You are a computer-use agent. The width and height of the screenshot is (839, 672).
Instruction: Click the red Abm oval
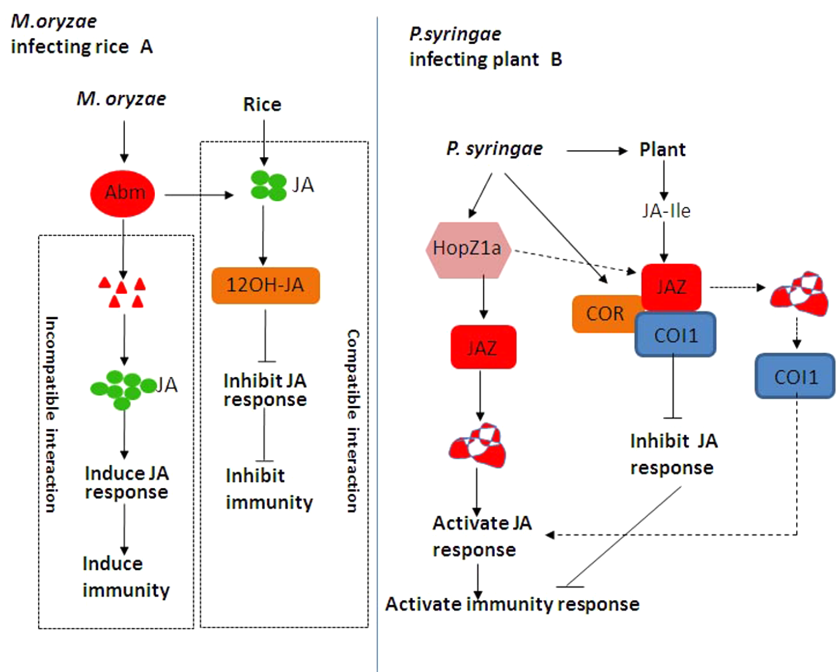coord(122,193)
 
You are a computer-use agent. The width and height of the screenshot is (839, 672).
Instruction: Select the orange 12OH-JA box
coord(265,285)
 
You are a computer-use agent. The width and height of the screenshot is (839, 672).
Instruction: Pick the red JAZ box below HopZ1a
coord(483,347)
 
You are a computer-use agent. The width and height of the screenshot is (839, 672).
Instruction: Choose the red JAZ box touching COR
coord(671,287)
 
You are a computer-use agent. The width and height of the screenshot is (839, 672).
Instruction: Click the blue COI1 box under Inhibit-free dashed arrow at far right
coord(795,376)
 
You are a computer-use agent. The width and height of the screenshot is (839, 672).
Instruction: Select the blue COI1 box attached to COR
coord(676,334)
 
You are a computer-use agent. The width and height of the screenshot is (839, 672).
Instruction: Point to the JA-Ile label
coord(666,211)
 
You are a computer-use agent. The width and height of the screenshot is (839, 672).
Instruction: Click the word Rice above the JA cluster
coord(262,104)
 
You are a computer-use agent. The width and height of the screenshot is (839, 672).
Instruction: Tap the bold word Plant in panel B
coord(662,149)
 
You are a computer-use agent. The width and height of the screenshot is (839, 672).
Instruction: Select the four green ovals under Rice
coord(268,186)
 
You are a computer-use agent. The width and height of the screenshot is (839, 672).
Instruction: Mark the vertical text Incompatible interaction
coord(51,414)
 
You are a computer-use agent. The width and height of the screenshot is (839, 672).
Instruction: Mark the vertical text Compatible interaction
coord(353,420)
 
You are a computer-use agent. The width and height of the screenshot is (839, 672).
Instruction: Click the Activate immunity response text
coord(512,604)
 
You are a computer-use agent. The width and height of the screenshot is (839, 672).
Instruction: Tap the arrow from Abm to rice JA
coord(198,195)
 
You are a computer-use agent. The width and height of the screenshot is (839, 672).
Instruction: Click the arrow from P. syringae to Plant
coord(596,150)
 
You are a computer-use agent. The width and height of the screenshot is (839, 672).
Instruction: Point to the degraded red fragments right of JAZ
coord(798,294)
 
